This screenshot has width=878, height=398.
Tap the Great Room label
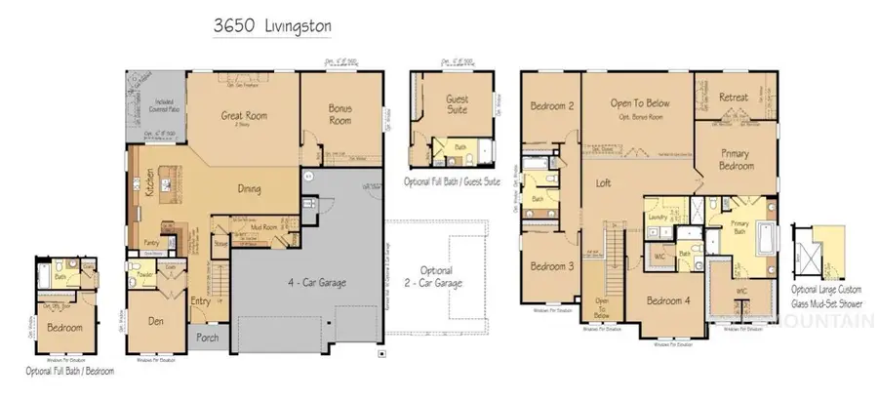click(245, 116)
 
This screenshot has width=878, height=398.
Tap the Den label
click(154, 319)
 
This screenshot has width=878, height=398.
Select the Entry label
click(200, 300)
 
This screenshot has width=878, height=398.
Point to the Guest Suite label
click(457, 104)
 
